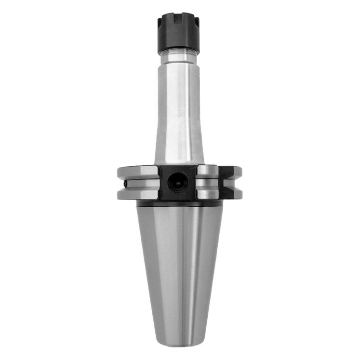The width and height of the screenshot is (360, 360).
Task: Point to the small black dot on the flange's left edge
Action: [x=125, y=184]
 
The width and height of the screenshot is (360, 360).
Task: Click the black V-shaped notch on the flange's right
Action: [x=230, y=183]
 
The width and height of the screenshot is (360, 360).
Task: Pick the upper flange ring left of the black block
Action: [x=137, y=172]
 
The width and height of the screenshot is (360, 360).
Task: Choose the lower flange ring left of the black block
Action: [x=137, y=194]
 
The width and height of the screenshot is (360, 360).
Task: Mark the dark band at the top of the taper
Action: [x=179, y=204]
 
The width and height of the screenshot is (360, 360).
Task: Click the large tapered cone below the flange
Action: [x=179, y=260]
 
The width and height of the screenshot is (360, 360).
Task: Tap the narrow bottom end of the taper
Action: [x=179, y=337]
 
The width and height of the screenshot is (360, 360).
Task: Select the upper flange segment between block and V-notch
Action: [x=208, y=171]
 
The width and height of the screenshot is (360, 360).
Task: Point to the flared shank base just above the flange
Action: [x=179, y=157]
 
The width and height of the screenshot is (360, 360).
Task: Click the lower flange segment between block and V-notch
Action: [x=208, y=194]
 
